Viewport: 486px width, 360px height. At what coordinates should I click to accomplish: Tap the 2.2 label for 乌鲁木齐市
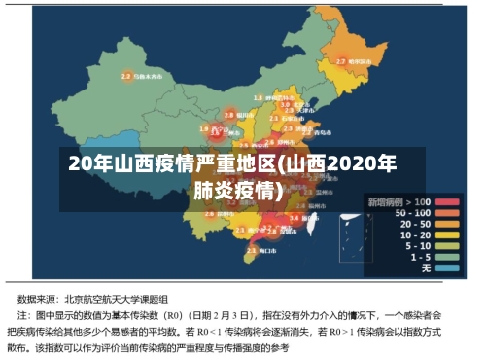127,74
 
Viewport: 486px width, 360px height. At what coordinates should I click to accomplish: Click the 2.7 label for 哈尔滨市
341,61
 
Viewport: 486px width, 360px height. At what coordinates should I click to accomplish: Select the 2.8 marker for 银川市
229,114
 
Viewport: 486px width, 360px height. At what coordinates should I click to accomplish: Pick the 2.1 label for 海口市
251,252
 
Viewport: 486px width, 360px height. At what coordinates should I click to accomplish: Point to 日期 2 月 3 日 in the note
224,316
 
